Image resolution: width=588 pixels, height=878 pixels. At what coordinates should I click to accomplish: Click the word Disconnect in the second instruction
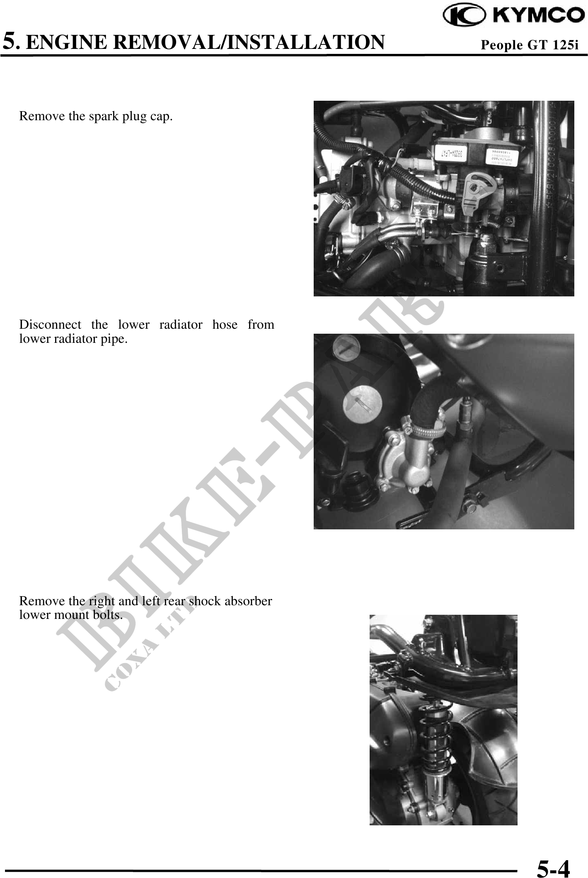point(50,324)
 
